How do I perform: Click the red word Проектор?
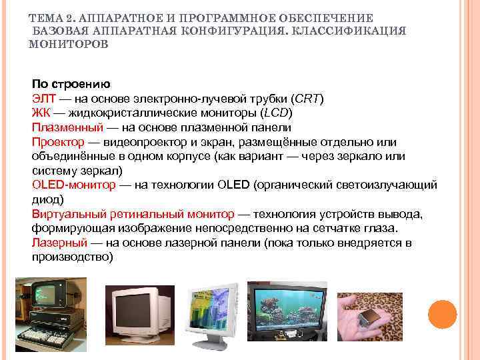point(58,142)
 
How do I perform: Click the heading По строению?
point(71,85)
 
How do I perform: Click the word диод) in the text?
point(48,199)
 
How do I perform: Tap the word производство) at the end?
point(72,256)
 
